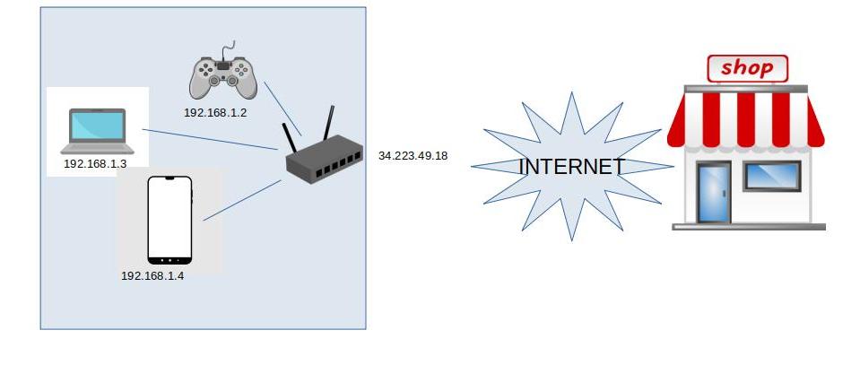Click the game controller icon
[x=222, y=78]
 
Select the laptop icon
[x=97, y=131]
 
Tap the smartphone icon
[x=169, y=220]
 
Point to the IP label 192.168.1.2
[x=215, y=113]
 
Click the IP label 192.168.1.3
[x=95, y=164]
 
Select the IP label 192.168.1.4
[x=152, y=275]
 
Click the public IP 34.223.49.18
[x=413, y=156]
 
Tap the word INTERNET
[x=571, y=167]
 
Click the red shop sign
[x=747, y=68]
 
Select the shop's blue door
[x=714, y=192]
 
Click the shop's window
[x=771, y=176]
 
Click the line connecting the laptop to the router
[x=210, y=139]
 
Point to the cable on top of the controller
[x=230, y=48]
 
